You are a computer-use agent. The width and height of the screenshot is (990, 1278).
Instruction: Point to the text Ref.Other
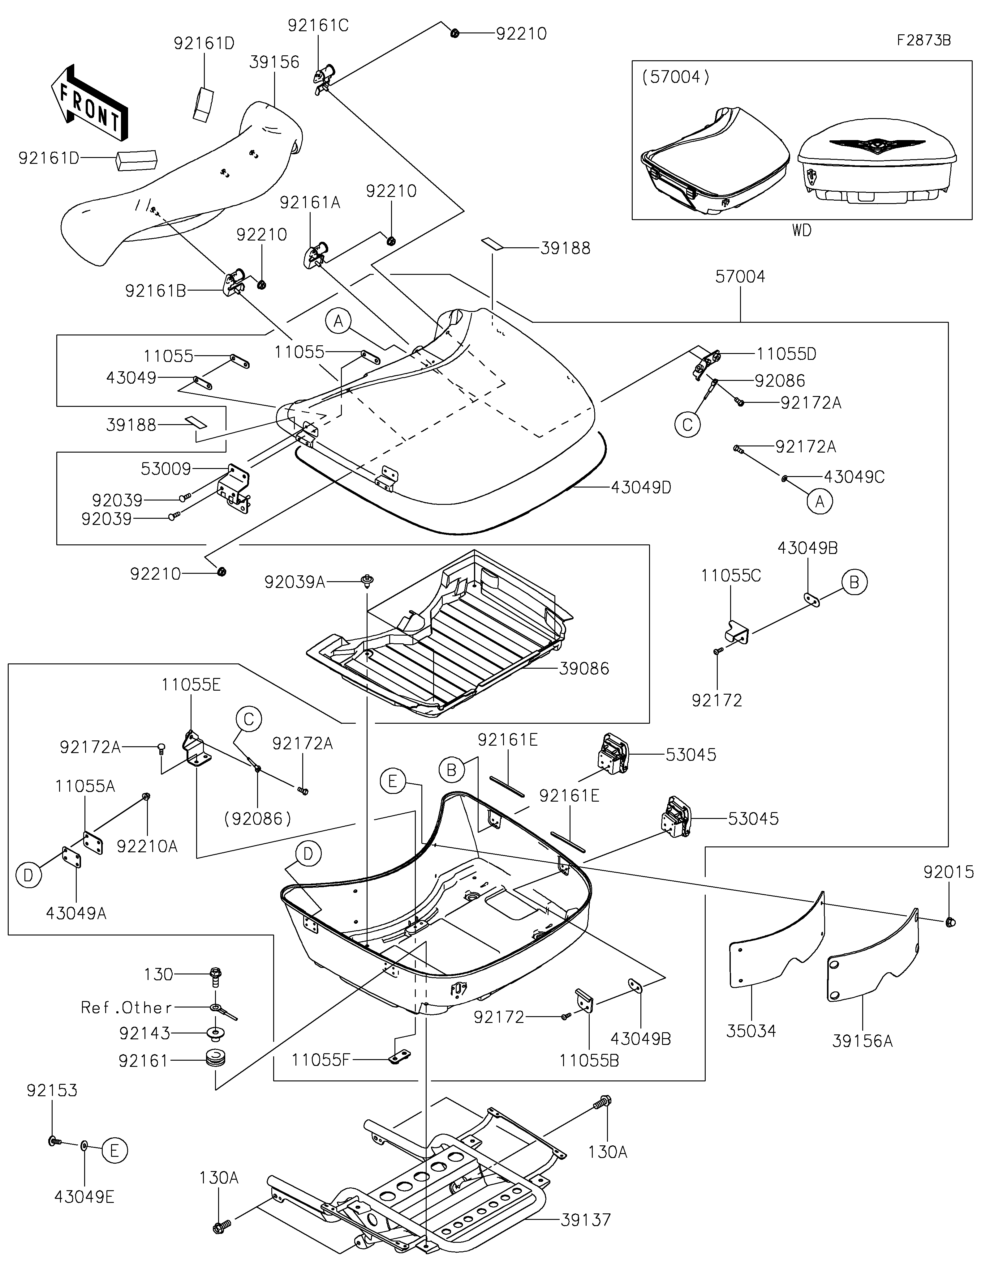pyautogui.click(x=127, y=1008)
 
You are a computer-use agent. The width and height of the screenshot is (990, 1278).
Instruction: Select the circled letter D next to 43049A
pyautogui.click(x=28, y=876)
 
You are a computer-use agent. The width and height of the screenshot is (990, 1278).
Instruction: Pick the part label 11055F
pyautogui.click(x=321, y=1060)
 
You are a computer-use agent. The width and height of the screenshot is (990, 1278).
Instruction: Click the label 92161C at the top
pyautogui.click(x=318, y=26)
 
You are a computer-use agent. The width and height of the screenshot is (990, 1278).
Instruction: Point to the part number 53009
pyautogui.click(x=166, y=469)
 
